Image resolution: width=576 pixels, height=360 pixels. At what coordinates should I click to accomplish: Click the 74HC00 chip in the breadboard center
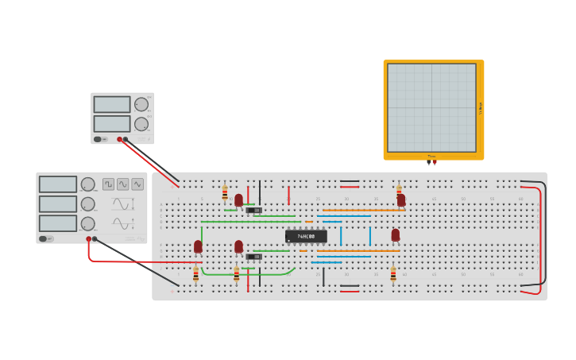pyautogui.click(x=306, y=236)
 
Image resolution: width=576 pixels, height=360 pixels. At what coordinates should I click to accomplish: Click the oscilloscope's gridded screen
pyautogui.click(x=431, y=107)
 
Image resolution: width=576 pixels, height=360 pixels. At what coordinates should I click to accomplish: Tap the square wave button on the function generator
pyautogui.click(x=108, y=184)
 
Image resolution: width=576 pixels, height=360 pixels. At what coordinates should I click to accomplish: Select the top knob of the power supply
pyautogui.click(x=141, y=104)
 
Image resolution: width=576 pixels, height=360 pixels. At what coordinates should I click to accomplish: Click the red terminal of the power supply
pyautogui.click(x=120, y=139)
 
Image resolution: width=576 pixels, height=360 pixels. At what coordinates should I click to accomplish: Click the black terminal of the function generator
pyautogui.click(x=95, y=238)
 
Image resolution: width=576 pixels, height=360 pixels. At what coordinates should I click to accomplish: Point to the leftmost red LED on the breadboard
pyautogui.click(x=198, y=247)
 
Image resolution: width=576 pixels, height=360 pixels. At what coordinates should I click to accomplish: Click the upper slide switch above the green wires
pyautogui.click(x=253, y=211)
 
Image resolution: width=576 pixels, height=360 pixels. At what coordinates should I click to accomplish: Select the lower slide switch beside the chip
pyautogui.click(x=254, y=257)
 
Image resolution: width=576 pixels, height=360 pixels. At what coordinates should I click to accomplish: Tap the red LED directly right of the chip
pyautogui.click(x=396, y=235)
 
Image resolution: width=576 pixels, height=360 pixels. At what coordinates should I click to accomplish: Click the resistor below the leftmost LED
pyautogui.click(x=196, y=274)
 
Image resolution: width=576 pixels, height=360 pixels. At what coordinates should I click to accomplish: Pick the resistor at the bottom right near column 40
pyautogui.click(x=392, y=275)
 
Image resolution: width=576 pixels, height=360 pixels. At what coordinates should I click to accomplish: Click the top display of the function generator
pyautogui.click(x=58, y=184)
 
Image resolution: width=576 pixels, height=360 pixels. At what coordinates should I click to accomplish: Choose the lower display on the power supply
pyautogui.click(x=112, y=124)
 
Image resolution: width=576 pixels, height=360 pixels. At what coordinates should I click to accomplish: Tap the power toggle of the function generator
pyautogui.click(x=47, y=238)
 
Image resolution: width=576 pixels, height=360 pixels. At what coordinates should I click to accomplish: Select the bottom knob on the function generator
pyautogui.click(x=87, y=223)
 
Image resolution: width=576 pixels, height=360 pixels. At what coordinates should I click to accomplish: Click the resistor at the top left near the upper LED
pyautogui.click(x=225, y=192)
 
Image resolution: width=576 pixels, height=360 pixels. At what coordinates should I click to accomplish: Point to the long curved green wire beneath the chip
pyautogui.click(x=246, y=274)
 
